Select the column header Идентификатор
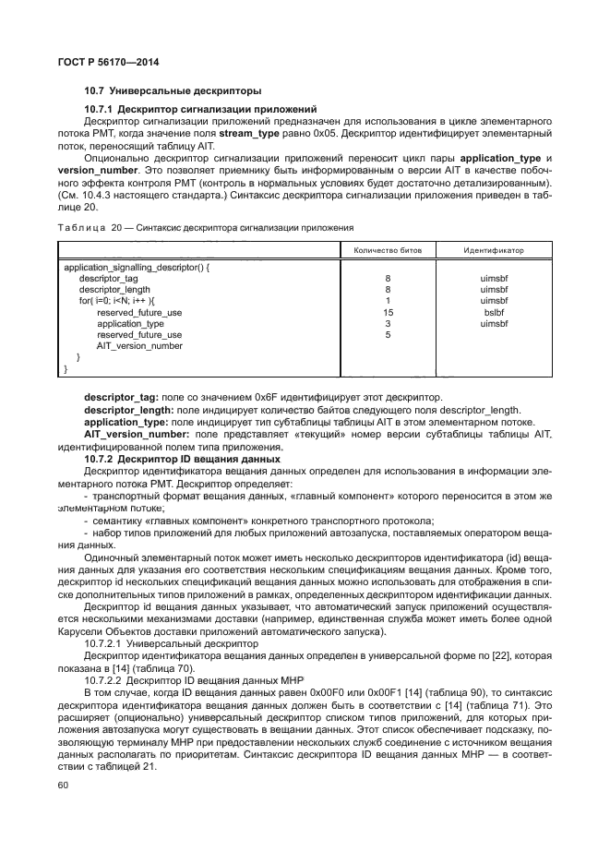[x=494, y=249]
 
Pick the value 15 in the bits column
[x=388, y=312]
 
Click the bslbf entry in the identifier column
[x=495, y=312]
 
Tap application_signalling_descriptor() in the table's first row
[x=138, y=267]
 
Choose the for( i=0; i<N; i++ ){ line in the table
[x=118, y=301]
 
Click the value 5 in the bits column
[x=388, y=335]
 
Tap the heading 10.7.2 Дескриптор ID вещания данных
[x=182, y=458]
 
